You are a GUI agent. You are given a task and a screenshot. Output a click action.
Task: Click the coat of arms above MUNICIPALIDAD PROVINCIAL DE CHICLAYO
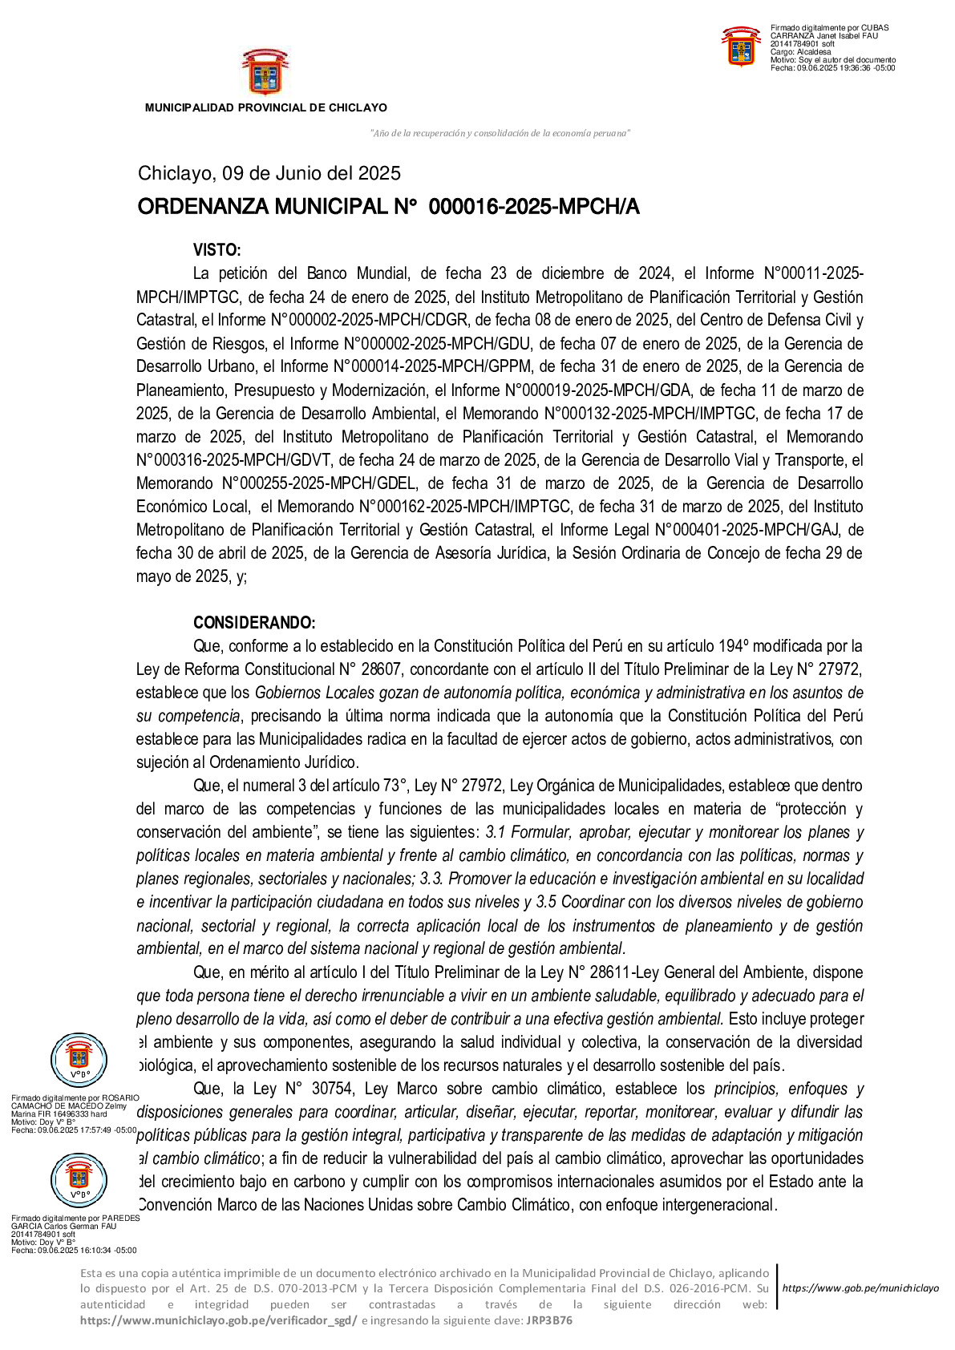pos(265,72)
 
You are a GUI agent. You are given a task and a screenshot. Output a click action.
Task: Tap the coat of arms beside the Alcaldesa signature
pos(741,46)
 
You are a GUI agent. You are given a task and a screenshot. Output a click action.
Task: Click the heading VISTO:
pos(216,250)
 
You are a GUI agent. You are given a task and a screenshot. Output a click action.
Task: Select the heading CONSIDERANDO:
pos(254,623)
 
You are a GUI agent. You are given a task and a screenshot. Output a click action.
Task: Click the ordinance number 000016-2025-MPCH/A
pos(534,208)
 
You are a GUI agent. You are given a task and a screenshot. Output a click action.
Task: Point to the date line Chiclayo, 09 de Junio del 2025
pos(269,173)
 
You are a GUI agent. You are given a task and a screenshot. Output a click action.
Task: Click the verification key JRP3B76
pos(549,1320)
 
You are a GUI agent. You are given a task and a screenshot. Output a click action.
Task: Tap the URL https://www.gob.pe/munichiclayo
pos(860,1288)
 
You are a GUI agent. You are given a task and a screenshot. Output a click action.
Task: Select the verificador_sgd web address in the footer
pos(218,1320)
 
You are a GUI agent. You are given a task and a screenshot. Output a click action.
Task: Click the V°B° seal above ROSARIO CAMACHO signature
pos(79,1060)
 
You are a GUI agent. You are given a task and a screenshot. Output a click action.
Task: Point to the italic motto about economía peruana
pos(500,133)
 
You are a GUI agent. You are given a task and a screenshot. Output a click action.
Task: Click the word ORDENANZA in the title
pos(203,208)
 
